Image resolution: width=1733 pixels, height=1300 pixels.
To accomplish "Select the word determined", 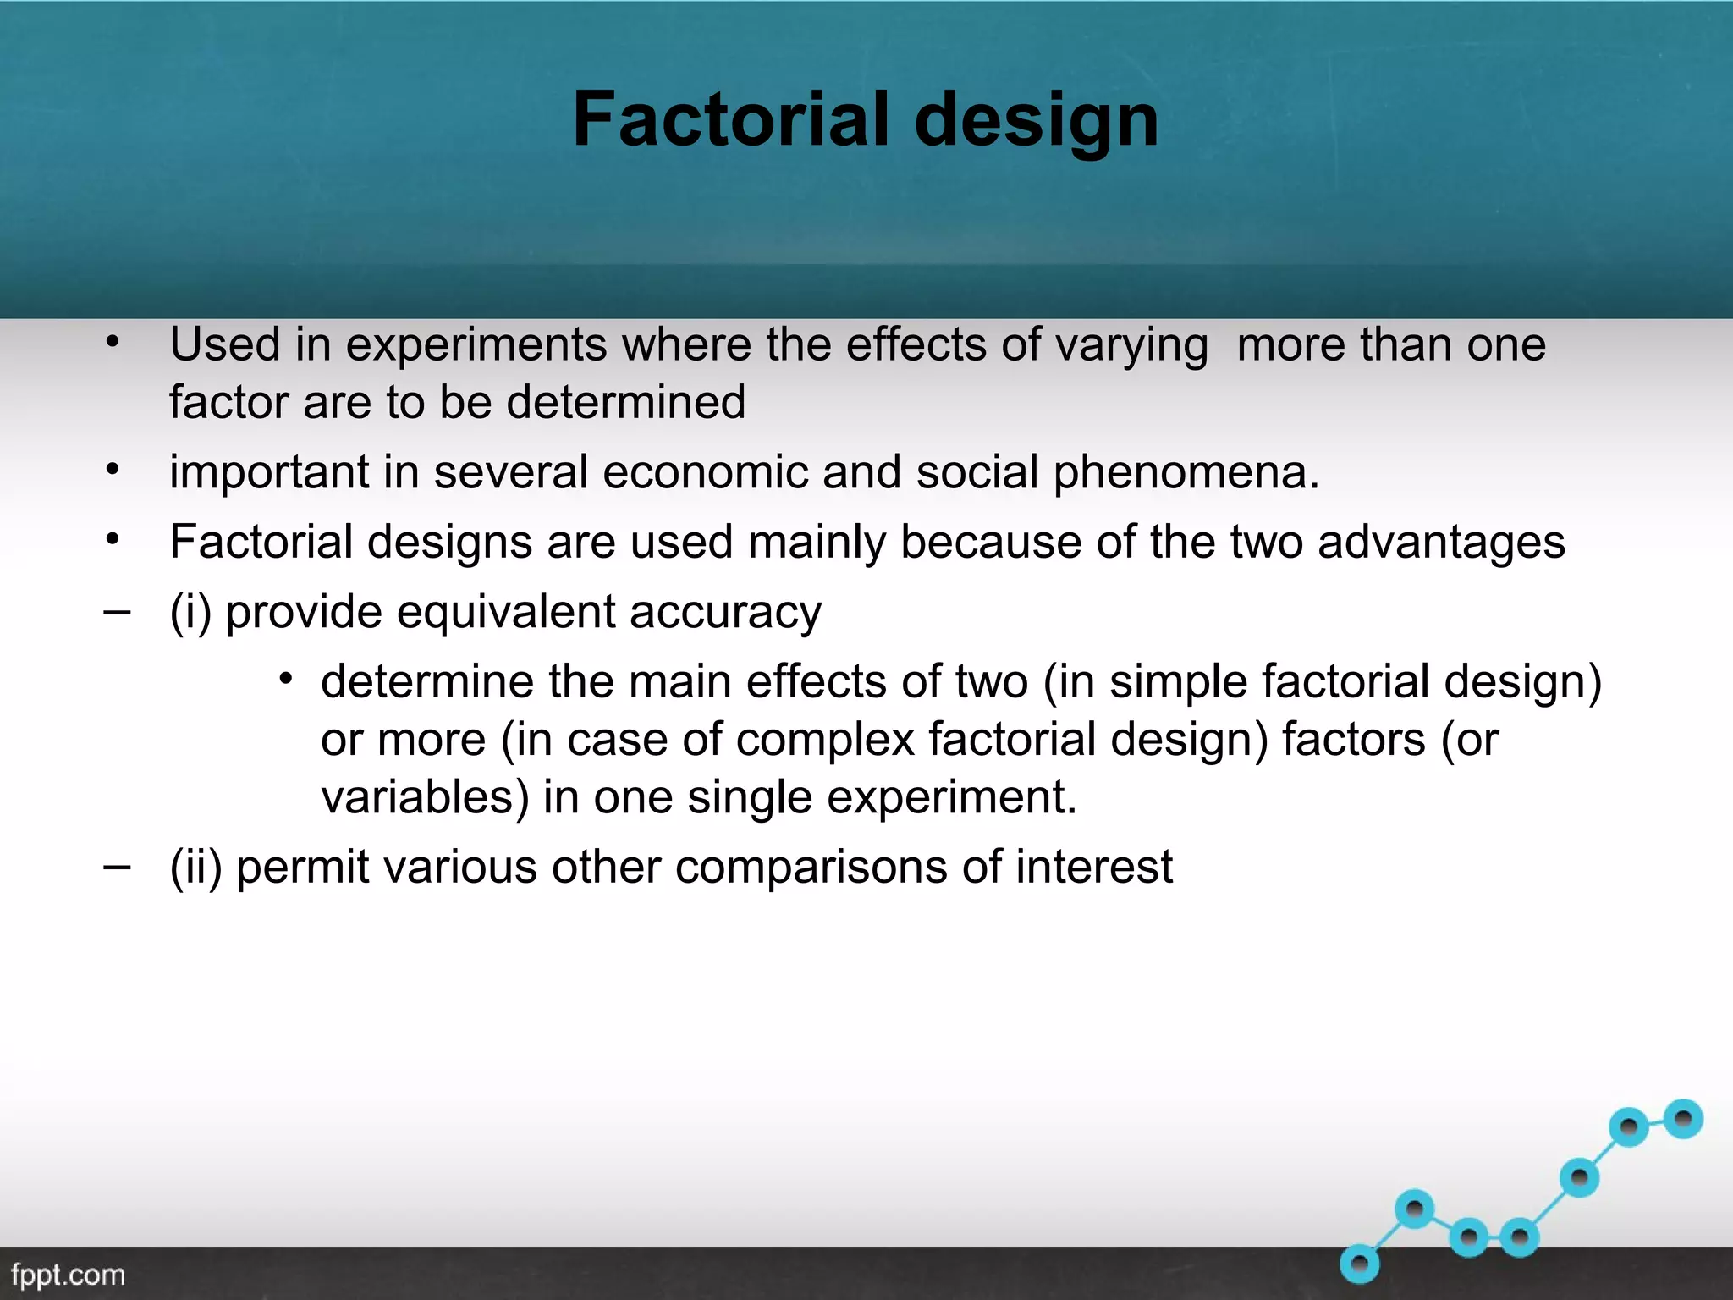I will pyautogui.click(x=626, y=402).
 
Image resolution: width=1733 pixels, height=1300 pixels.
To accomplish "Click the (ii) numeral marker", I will pyautogui.click(x=195, y=868).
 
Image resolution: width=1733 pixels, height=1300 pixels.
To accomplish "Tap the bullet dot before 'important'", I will pyautogui.click(x=113, y=469).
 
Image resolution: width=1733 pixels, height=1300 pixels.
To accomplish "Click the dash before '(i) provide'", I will pyautogui.click(x=117, y=611).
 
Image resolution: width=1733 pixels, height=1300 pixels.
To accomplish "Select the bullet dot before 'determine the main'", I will pyautogui.click(x=286, y=679).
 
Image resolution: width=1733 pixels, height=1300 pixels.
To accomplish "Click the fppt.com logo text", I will pyautogui.click(x=68, y=1275).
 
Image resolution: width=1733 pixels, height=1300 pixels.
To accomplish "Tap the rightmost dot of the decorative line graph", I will pyautogui.click(x=1682, y=1120).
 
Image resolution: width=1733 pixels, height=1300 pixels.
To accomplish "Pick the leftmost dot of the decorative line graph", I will pyautogui.click(x=1360, y=1264).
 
